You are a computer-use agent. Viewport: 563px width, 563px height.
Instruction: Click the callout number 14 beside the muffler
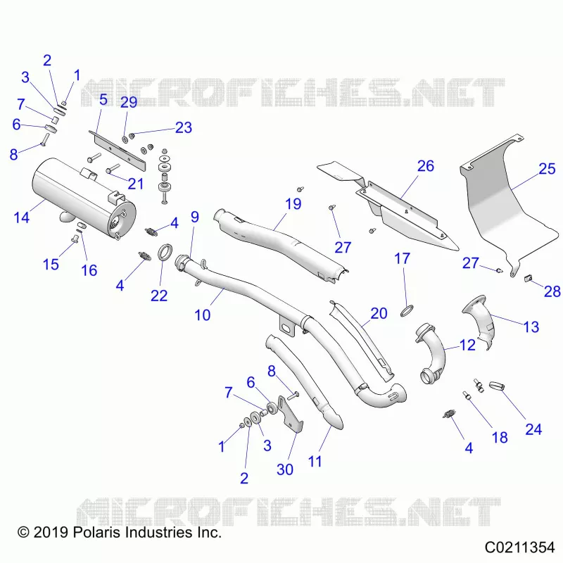21,217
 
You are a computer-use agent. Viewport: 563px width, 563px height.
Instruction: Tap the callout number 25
547,169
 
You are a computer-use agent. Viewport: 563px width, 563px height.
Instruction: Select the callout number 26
426,166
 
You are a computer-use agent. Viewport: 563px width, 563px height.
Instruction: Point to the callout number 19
293,204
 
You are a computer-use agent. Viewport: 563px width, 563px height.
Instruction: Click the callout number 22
159,296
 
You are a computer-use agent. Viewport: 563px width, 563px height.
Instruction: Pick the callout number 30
285,469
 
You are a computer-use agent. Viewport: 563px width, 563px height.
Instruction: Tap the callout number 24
533,429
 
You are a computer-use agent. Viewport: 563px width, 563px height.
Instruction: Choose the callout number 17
402,258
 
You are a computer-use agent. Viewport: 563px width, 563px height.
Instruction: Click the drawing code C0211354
519,548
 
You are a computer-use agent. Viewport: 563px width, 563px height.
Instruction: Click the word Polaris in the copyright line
96,532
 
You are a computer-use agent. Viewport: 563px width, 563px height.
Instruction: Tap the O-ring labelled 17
407,310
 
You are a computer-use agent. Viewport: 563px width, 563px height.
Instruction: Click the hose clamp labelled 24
497,386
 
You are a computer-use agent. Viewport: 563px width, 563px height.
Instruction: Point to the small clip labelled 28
527,278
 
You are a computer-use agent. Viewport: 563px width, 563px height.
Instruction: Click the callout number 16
89,270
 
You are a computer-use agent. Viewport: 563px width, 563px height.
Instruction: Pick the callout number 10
202,315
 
